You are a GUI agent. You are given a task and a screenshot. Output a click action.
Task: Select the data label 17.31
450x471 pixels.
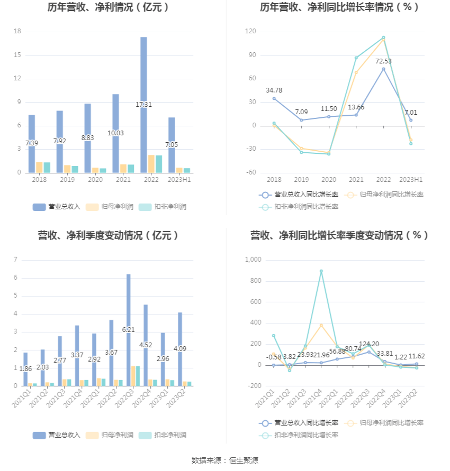pyautogui.click(x=143, y=105)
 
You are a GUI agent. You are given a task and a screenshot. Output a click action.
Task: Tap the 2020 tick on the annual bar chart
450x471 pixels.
pyautogui.click(x=95, y=180)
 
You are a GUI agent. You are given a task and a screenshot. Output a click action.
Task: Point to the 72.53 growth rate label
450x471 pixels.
pyautogui.click(x=383, y=61)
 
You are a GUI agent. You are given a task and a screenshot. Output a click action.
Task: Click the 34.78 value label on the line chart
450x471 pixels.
pyautogui.click(x=274, y=90)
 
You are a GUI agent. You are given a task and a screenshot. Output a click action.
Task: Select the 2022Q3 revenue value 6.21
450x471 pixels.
pyautogui.click(x=128, y=329)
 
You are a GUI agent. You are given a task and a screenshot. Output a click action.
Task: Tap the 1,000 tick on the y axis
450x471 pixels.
pyautogui.click(x=253, y=260)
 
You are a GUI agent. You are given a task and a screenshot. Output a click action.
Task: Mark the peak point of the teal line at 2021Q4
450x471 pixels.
pyautogui.click(x=321, y=271)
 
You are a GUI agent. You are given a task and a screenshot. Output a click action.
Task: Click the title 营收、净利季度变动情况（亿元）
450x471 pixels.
pyautogui.click(x=108, y=235)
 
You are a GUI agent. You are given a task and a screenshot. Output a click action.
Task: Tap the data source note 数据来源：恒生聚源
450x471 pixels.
pyautogui.click(x=225, y=460)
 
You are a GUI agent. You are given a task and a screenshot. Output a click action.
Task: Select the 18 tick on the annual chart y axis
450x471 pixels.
pyautogui.click(x=17, y=32)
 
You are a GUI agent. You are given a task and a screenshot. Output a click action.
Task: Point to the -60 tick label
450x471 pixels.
pyautogui.click(x=251, y=172)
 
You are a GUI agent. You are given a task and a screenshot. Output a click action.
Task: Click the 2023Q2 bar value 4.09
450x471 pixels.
pyautogui.click(x=180, y=349)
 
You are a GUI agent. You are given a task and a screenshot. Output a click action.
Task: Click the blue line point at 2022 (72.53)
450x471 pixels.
pyautogui.click(x=383, y=69)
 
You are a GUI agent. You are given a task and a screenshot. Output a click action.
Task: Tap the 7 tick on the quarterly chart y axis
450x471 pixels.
pyautogui.click(x=16, y=260)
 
